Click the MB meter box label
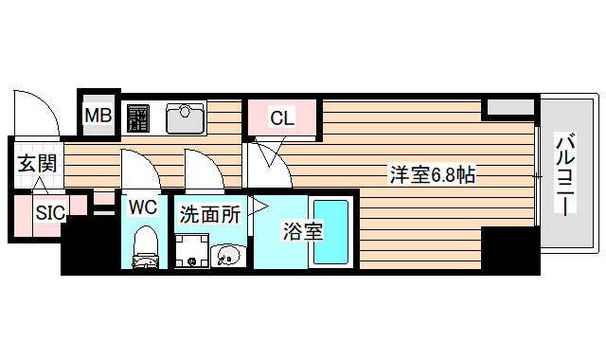pos(98,116)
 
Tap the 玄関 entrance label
pos(35,164)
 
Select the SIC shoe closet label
pos(50,212)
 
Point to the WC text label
pos(143,206)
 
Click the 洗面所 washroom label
pos(210,215)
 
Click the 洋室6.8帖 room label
pos(433,174)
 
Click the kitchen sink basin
pos(187,118)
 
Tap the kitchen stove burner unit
pos(139,118)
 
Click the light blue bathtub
pos(331,233)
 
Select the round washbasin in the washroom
pos(229,255)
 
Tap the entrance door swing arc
pos(35,110)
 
